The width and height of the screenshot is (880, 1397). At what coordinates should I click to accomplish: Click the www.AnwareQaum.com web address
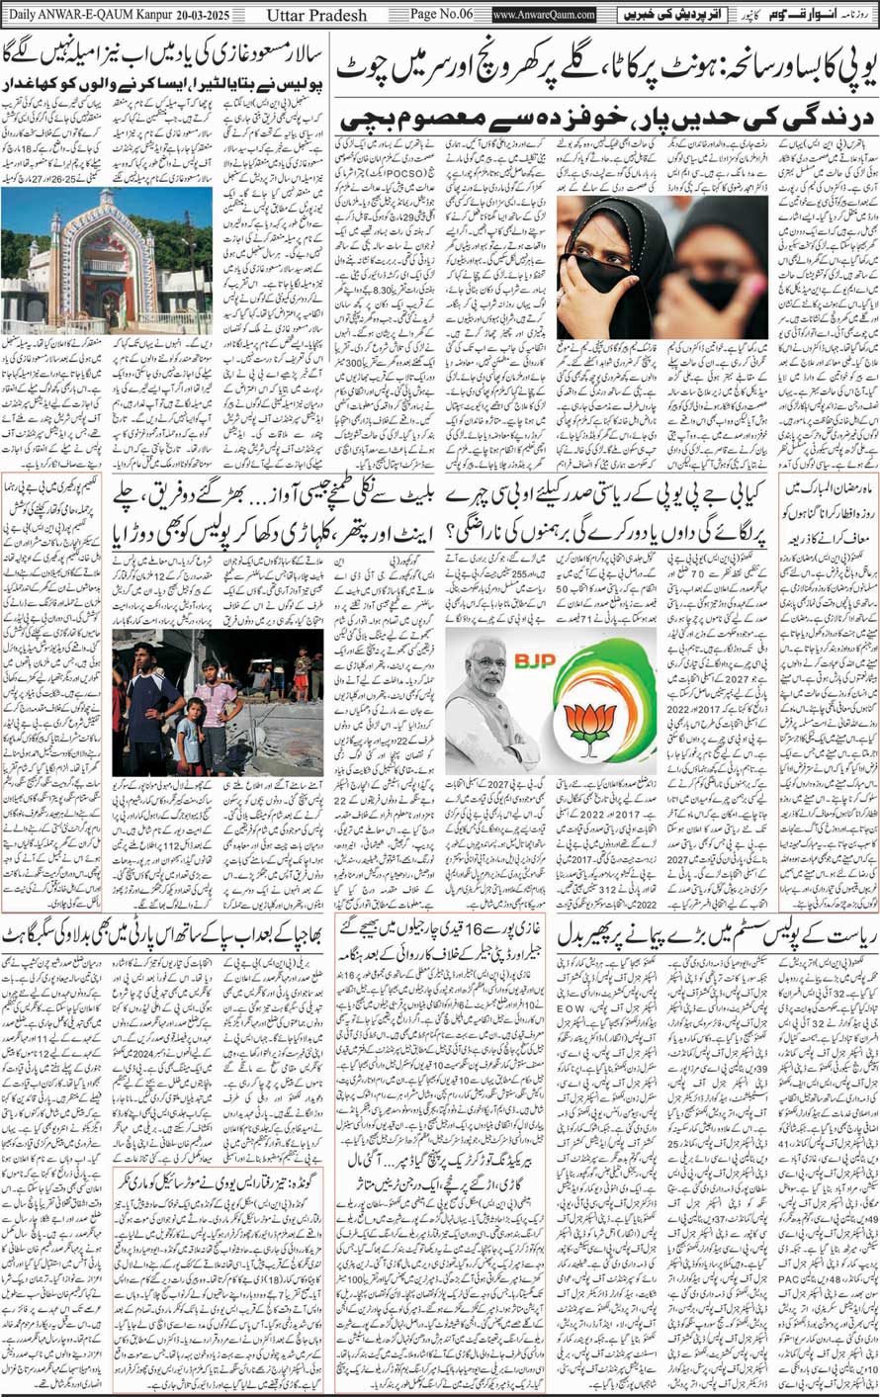544,15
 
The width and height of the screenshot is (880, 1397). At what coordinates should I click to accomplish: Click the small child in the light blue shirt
188,737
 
